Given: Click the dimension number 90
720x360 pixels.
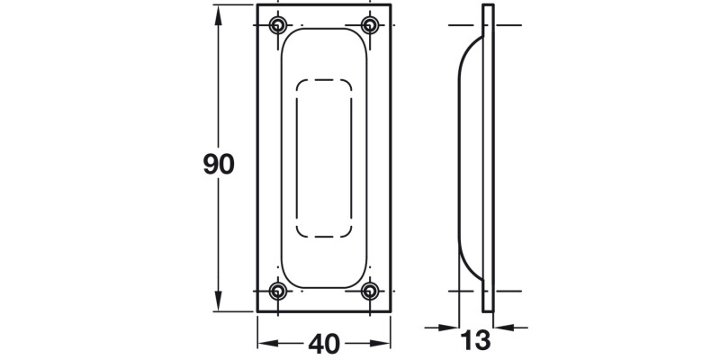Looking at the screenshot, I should (219, 165).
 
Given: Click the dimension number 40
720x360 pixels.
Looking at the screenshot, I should (324, 343).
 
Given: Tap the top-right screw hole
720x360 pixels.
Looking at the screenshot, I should (369, 24).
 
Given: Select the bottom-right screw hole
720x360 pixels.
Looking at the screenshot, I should (369, 291).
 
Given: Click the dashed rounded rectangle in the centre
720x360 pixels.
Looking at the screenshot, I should (324, 158).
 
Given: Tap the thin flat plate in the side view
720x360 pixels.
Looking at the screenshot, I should (489, 157).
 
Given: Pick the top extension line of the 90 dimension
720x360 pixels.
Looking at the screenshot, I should (234, 4).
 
